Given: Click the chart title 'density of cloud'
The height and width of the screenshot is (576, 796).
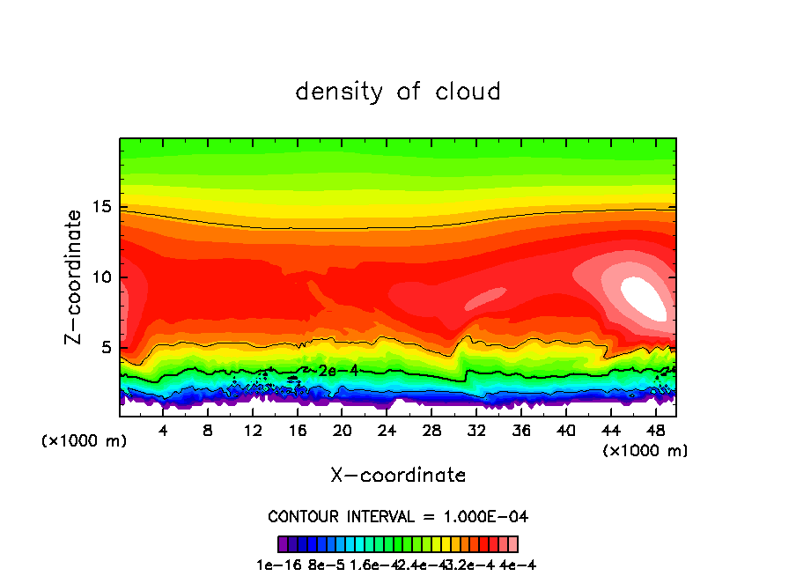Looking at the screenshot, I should pyautogui.click(x=398, y=92).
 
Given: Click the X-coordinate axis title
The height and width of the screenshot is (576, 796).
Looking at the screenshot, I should pyautogui.click(x=398, y=476).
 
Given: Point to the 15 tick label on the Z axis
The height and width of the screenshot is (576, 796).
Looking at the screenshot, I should pyautogui.click(x=103, y=207).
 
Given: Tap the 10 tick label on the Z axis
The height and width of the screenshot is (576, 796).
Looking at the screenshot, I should pyautogui.click(x=103, y=277).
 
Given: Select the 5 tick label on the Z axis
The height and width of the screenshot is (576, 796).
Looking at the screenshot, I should pyautogui.click(x=107, y=348).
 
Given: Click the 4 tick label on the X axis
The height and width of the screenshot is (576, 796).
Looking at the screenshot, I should pyautogui.click(x=163, y=432).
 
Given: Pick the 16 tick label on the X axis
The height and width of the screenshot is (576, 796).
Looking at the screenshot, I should pyautogui.click(x=298, y=432).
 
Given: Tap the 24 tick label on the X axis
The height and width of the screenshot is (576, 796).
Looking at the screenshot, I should pyautogui.click(x=387, y=432).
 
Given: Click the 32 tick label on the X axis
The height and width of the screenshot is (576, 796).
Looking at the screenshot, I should pyautogui.click(x=476, y=432).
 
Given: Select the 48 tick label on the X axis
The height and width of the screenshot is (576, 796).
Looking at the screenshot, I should pyautogui.click(x=655, y=432).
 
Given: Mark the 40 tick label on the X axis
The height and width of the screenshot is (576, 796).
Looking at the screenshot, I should pyautogui.click(x=566, y=432).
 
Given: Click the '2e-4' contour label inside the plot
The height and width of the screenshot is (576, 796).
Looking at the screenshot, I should pyautogui.click(x=338, y=371).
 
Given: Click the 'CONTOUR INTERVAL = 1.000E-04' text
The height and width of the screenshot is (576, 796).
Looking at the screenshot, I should pyautogui.click(x=398, y=516).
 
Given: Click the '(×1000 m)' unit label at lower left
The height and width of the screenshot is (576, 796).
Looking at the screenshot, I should pyautogui.click(x=85, y=441).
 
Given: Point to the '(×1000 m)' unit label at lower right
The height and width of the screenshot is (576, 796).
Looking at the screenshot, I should pyautogui.click(x=645, y=451).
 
